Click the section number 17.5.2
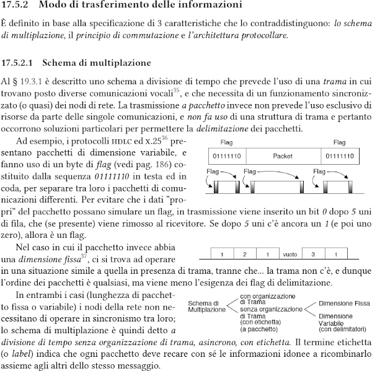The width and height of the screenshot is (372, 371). coord(15,6)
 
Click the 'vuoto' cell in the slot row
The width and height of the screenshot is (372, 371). coord(290,255)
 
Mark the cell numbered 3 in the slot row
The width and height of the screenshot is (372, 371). coord(313,255)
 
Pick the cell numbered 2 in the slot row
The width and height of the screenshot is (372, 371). coord(244,255)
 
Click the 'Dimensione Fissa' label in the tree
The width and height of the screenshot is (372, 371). coord(343,303)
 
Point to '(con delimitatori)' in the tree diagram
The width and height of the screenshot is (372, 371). coord(343,329)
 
